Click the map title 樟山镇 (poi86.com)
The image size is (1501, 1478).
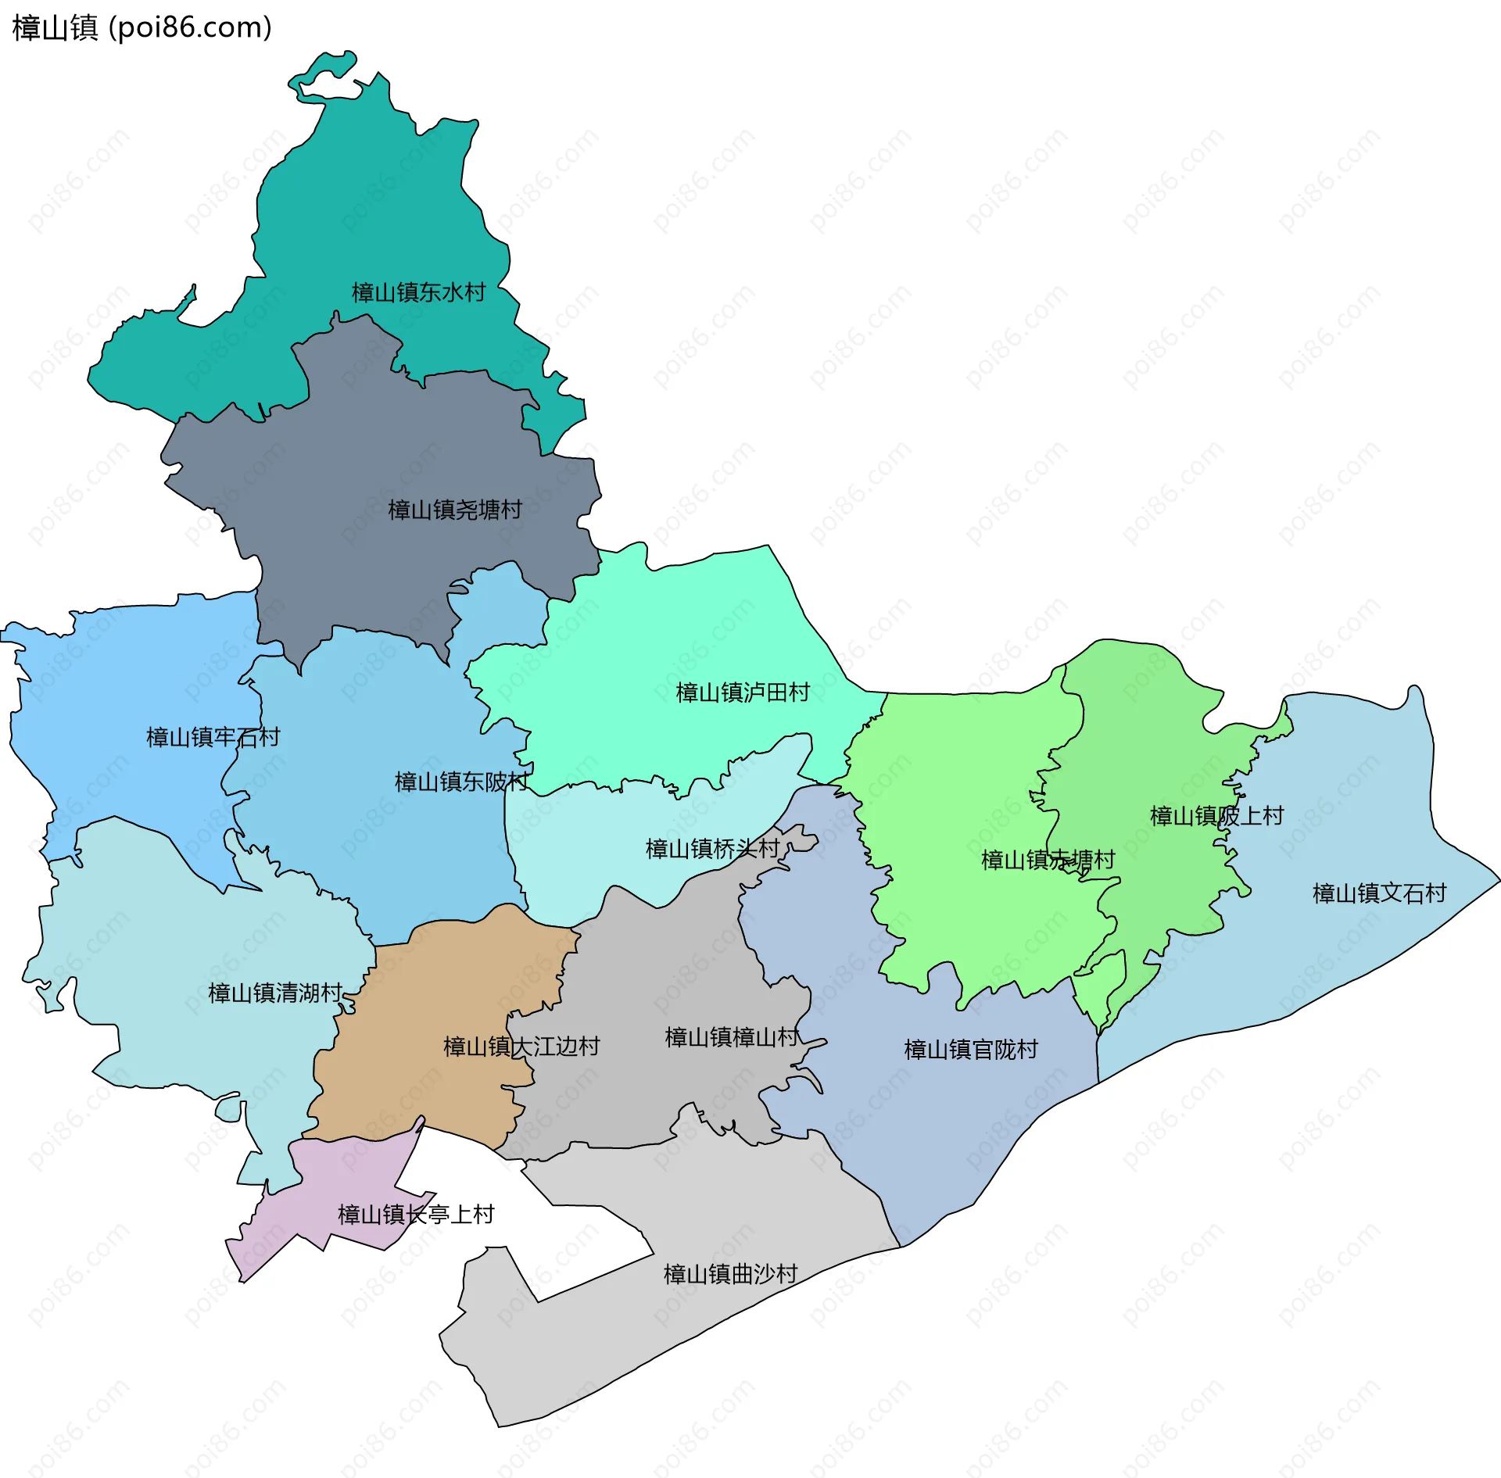coord(142,27)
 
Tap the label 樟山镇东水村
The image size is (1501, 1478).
coord(419,292)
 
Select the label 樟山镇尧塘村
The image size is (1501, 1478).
coord(455,510)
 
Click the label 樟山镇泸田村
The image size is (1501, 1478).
coord(742,692)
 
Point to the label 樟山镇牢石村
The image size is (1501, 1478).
coord(213,736)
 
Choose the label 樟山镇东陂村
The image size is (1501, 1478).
coord(461,781)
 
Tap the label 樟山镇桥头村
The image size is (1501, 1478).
coord(712,848)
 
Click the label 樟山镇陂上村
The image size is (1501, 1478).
coord(1216,815)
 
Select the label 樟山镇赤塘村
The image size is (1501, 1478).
coord(1048,860)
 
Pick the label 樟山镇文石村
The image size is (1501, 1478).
coord(1379,893)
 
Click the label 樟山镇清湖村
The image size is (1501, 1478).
coord(275,993)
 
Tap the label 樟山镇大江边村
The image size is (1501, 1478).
coord(521,1046)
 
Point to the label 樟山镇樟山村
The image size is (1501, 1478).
coord(732,1036)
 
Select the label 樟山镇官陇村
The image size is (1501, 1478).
coord(971,1049)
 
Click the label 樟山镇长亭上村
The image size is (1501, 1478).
coord(416,1214)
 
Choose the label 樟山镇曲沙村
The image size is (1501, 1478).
coord(730,1274)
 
